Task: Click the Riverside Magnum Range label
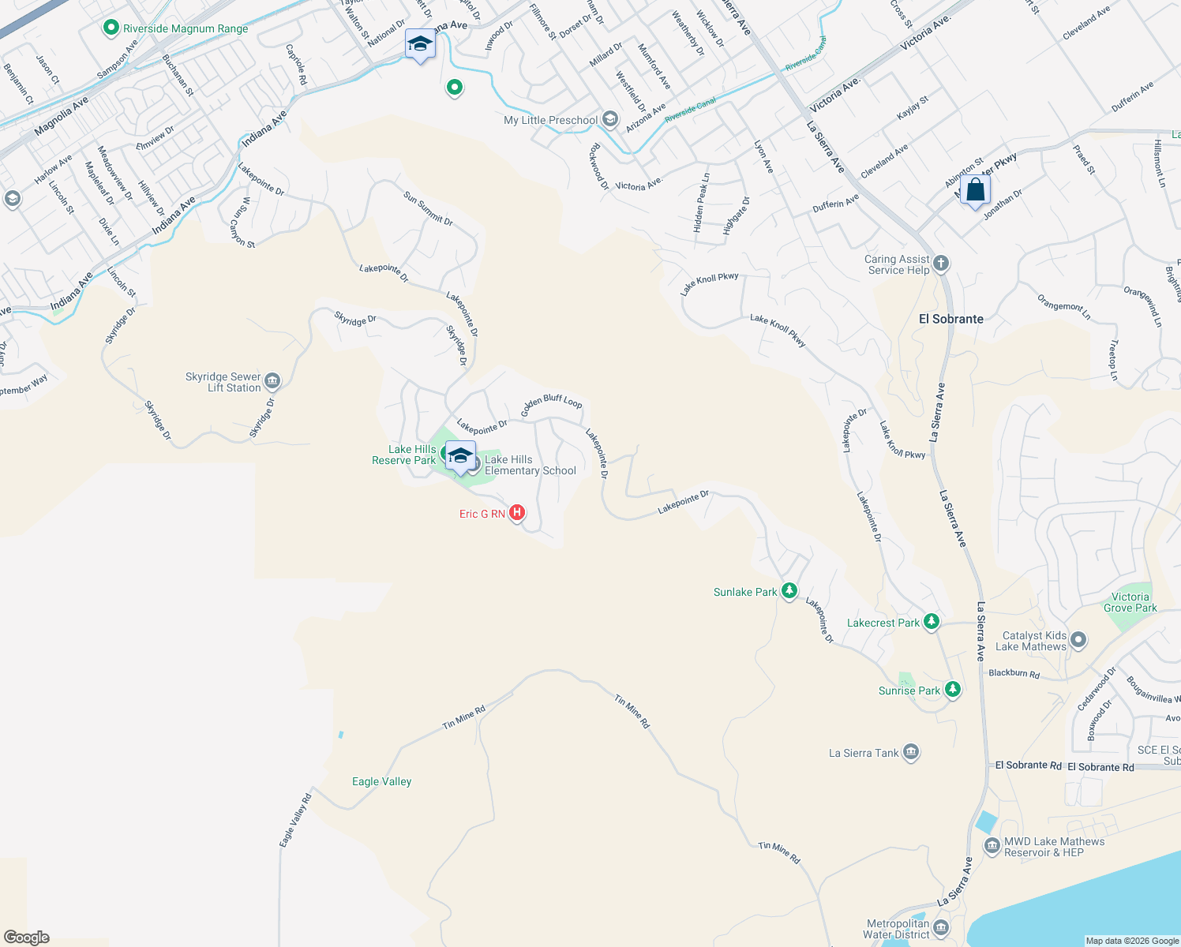pyautogui.click(x=185, y=28)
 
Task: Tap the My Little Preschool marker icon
pyautogui.click(x=609, y=119)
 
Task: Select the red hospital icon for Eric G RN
pyautogui.click(x=517, y=513)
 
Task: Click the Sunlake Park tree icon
pyautogui.click(x=789, y=591)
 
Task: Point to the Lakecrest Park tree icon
pyautogui.click(x=932, y=622)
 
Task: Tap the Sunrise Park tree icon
pyautogui.click(x=953, y=690)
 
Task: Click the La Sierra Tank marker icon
pyautogui.click(x=911, y=752)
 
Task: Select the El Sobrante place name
pyautogui.click(x=951, y=319)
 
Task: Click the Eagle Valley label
pyautogui.click(x=381, y=781)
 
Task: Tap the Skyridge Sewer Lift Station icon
pyautogui.click(x=272, y=382)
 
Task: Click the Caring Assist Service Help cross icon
pyautogui.click(x=940, y=264)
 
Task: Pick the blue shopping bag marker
pyautogui.click(x=975, y=191)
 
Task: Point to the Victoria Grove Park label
pyautogui.click(x=1130, y=602)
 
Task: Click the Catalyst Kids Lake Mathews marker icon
pyautogui.click(x=1078, y=640)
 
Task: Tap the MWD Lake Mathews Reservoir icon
pyautogui.click(x=992, y=846)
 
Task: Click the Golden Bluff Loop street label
pyautogui.click(x=551, y=404)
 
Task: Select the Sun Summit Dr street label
pyautogui.click(x=428, y=209)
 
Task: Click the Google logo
pyautogui.click(x=26, y=938)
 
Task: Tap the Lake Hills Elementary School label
pyautogui.click(x=530, y=465)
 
